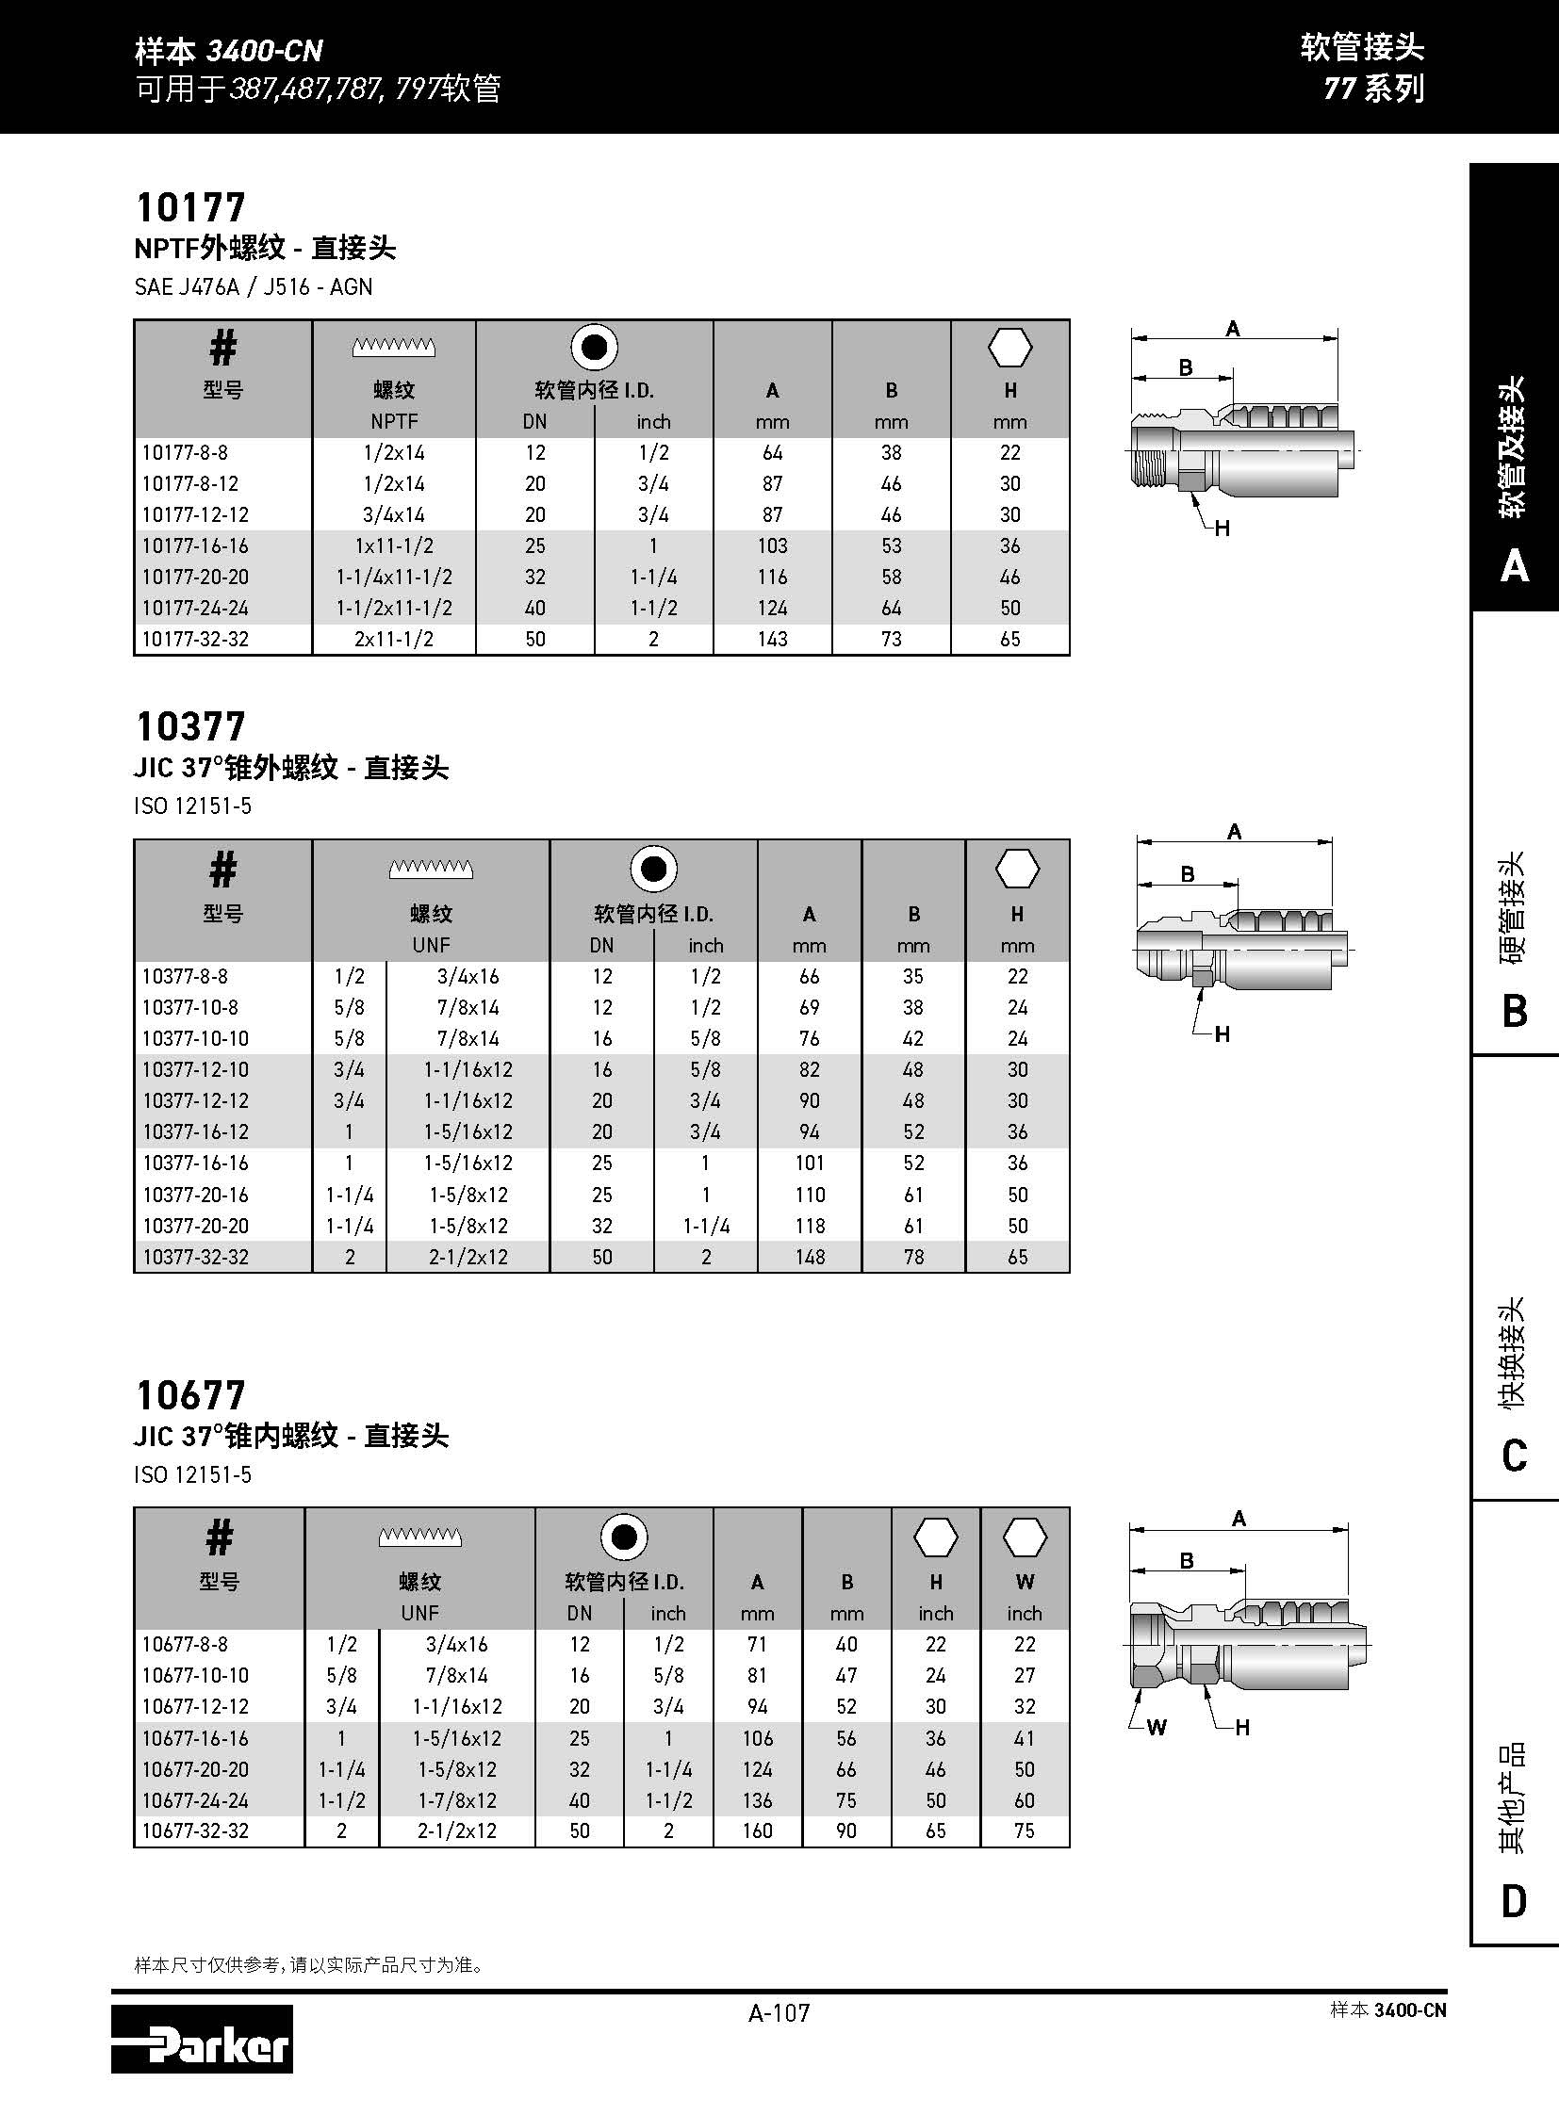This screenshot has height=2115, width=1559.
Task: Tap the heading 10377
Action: pyautogui.click(x=190, y=726)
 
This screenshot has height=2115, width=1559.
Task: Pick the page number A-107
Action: pyautogui.click(x=779, y=2013)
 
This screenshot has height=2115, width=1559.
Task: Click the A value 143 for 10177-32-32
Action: pyautogui.click(x=772, y=640)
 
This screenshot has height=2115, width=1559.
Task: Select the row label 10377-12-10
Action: pyautogui.click(x=196, y=1070)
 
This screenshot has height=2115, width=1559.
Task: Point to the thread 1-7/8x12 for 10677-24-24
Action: pyautogui.click(x=456, y=1800)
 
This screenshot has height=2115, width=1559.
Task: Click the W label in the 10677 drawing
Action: pyautogui.click(x=1156, y=1727)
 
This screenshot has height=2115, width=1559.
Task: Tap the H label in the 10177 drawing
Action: pyautogui.click(x=1223, y=529)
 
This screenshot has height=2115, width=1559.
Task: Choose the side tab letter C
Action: pyautogui.click(x=1514, y=1456)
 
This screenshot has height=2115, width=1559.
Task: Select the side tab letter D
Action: pyautogui.click(x=1514, y=1901)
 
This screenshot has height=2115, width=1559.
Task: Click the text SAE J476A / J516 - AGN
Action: pyautogui.click(x=254, y=286)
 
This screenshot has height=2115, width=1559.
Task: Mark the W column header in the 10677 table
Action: pyautogui.click(x=1025, y=1582)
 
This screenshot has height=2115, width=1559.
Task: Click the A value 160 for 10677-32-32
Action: pyautogui.click(x=757, y=1831)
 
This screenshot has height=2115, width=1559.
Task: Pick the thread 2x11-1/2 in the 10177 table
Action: pyautogui.click(x=394, y=640)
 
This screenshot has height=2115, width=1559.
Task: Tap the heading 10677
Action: pyautogui.click(x=190, y=1395)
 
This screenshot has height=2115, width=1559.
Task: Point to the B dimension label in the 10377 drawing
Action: pyautogui.click(x=1189, y=874)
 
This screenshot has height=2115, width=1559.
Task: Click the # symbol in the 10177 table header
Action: pyautogui.click(x=222, y=349)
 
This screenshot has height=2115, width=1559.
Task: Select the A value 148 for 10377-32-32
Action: pyautogui.click(x=809, y=1258)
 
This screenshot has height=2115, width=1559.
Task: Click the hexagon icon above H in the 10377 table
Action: pyautogui.click(x=1017, y=869)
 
